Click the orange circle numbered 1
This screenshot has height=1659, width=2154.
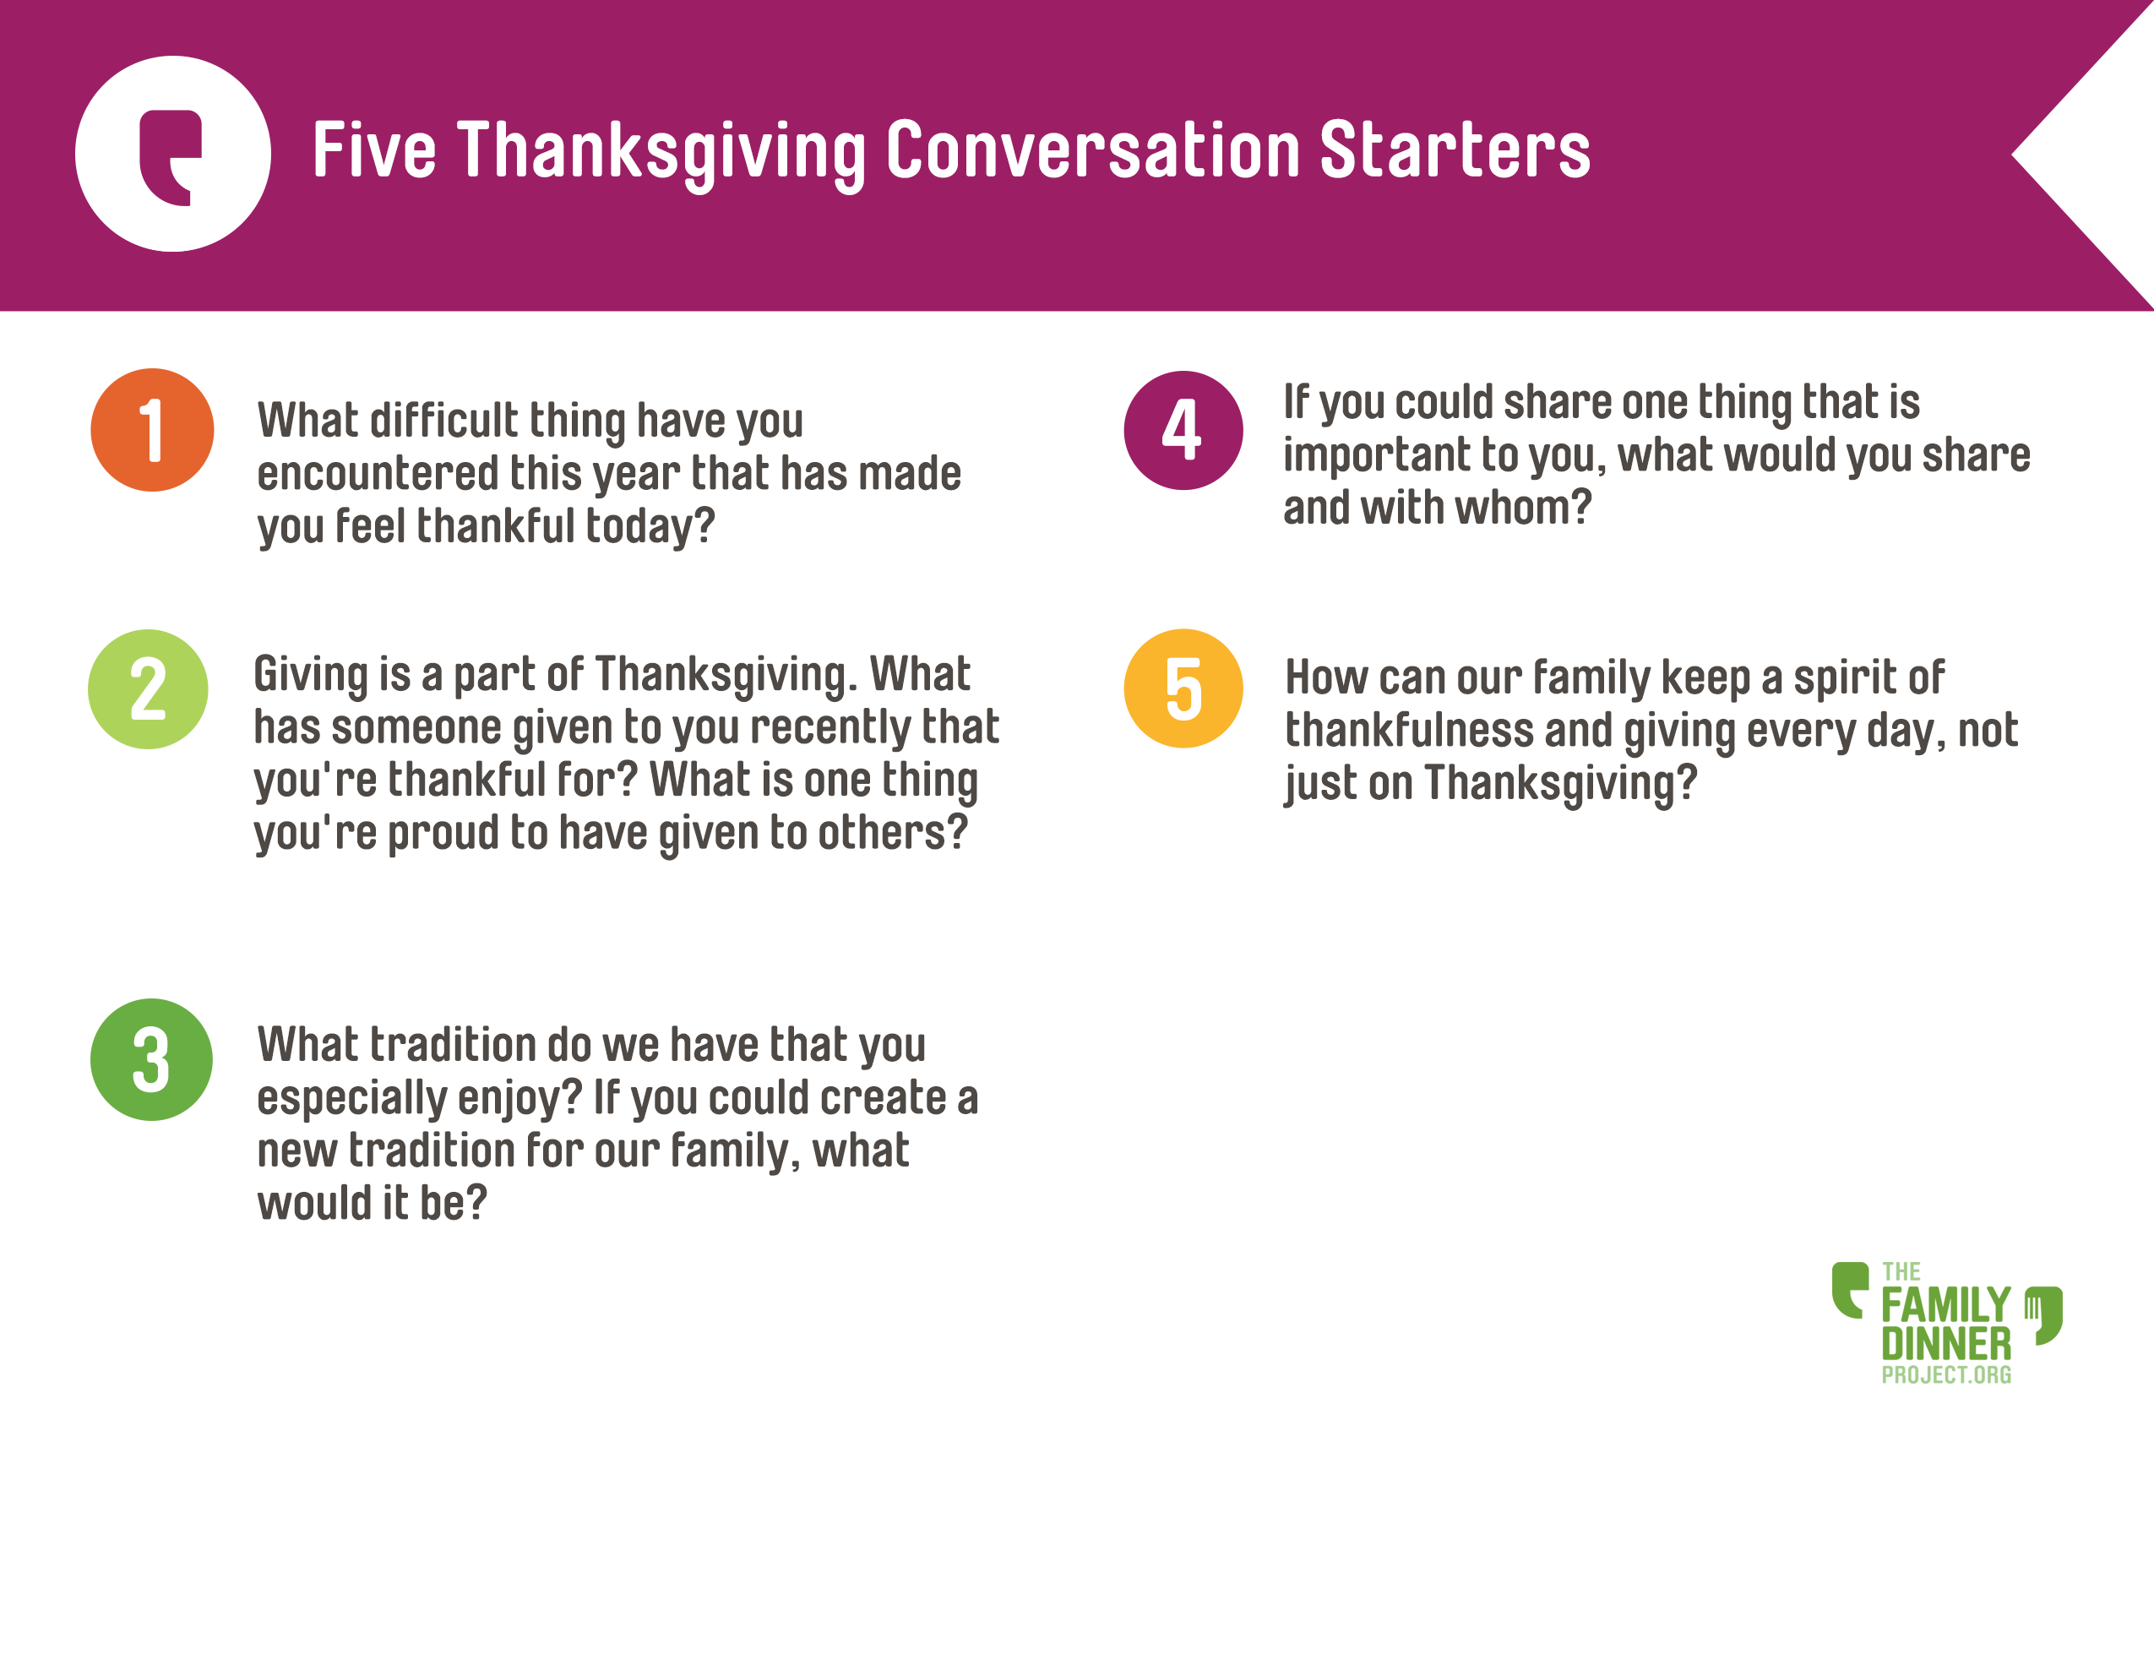[x=152, y=430]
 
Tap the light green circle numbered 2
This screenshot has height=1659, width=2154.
[x=148, y=689]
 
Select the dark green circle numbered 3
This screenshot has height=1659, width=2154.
[x=151, y=1059]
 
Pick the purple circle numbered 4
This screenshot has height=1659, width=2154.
[x=1183, y=430]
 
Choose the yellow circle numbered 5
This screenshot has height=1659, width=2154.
[x=1183, y=688]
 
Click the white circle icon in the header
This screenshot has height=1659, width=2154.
[x=172, y=154]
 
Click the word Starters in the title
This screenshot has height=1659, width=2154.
[x=1455, y=151]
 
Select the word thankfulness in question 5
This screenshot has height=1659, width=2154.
[x=1408, y=731]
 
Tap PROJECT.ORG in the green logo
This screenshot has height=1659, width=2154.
[x=1946, y=1375]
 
